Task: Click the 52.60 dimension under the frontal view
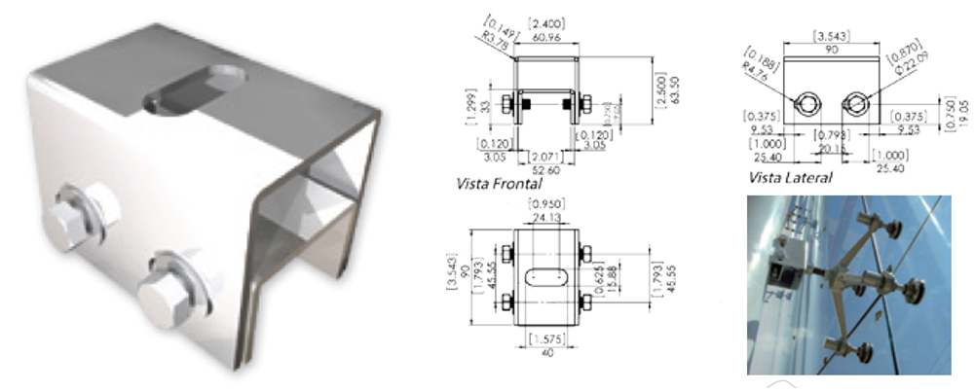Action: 544,168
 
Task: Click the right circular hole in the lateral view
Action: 857,102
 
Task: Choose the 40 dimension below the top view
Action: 544,351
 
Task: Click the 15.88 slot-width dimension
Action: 611,277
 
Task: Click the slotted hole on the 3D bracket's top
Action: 195,88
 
